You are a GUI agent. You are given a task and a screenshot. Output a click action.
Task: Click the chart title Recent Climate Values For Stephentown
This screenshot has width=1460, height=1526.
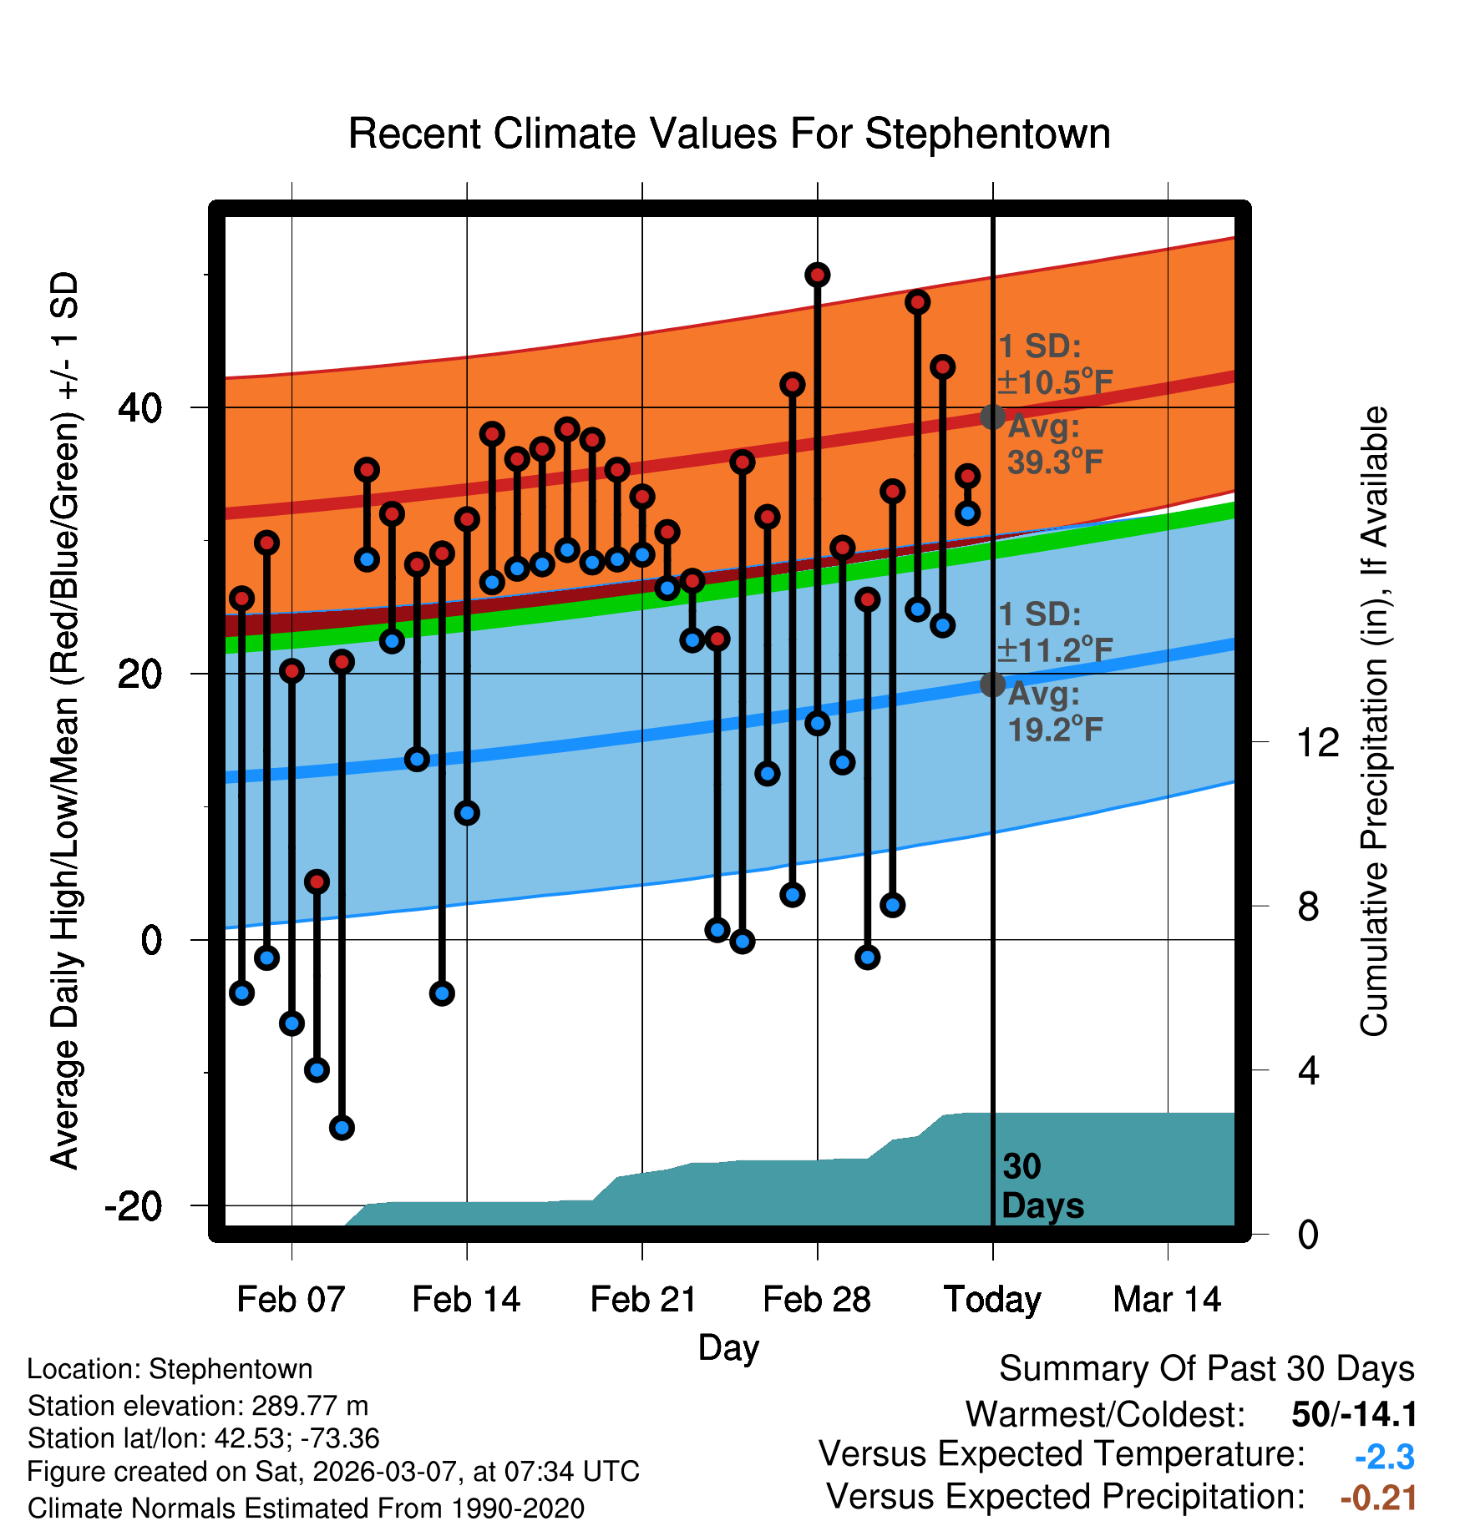pyautogui.click(x=729, y=134)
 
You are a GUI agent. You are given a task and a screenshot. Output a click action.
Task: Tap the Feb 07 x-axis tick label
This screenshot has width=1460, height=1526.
pyautogui.click(x=291, y=1299)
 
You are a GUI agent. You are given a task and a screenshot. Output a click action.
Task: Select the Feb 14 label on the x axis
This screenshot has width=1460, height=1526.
pyautogui.click(x=466, y=1299)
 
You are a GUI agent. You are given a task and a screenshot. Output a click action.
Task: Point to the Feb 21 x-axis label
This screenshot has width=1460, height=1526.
pyautogui.click(x=642, y=1299)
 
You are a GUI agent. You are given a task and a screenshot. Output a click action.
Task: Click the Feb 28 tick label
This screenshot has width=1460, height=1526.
pyautogui.click(x=817, y=1299)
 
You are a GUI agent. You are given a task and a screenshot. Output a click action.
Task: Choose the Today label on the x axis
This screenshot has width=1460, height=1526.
pyautogui.click(x=992, y=1299)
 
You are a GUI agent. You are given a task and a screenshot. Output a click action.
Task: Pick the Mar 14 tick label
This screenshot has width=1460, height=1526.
pyautogui.click(x=1167, y=1299)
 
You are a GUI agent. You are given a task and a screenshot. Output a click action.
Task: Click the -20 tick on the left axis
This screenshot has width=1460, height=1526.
pyautogui.click(x=134, y=1206)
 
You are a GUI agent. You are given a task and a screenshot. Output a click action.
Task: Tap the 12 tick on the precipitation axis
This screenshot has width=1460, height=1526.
pyautogui.click(x=1317, y=742)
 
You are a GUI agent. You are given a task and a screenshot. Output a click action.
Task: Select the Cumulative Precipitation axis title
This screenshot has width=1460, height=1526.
pyautogui.click(x=1374, y=722)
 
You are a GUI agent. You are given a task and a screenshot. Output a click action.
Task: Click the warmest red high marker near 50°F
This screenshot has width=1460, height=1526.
pyautogui.click(x=817, y=275)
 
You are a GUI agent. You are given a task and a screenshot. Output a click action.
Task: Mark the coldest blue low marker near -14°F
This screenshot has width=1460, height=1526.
pyautogui.click(x=342, y=1128)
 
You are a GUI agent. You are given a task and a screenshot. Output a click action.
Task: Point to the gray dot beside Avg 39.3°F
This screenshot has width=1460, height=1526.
pyautogui.click(x=992, y=417)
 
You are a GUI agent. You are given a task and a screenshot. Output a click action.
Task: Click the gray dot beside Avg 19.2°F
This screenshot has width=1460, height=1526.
pyautogui.click(x=992, y=685)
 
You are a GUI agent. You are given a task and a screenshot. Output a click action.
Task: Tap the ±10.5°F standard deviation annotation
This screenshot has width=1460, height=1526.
pyautogui.click(x=1055, y=382)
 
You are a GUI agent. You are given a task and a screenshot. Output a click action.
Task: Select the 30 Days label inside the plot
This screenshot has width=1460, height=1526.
pyautogui.click(x=1042, y=1186)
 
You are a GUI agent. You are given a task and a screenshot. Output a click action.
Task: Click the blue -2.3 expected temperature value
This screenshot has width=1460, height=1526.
pyautogui.click(x=1384, y=1457)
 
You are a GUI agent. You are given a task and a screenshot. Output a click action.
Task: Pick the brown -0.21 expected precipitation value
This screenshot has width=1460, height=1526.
pyautogui.click(x=1378, y=1498)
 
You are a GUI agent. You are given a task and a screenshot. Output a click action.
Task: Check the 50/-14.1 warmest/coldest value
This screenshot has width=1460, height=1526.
pyautogui.click(x=1354, y=1414)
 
